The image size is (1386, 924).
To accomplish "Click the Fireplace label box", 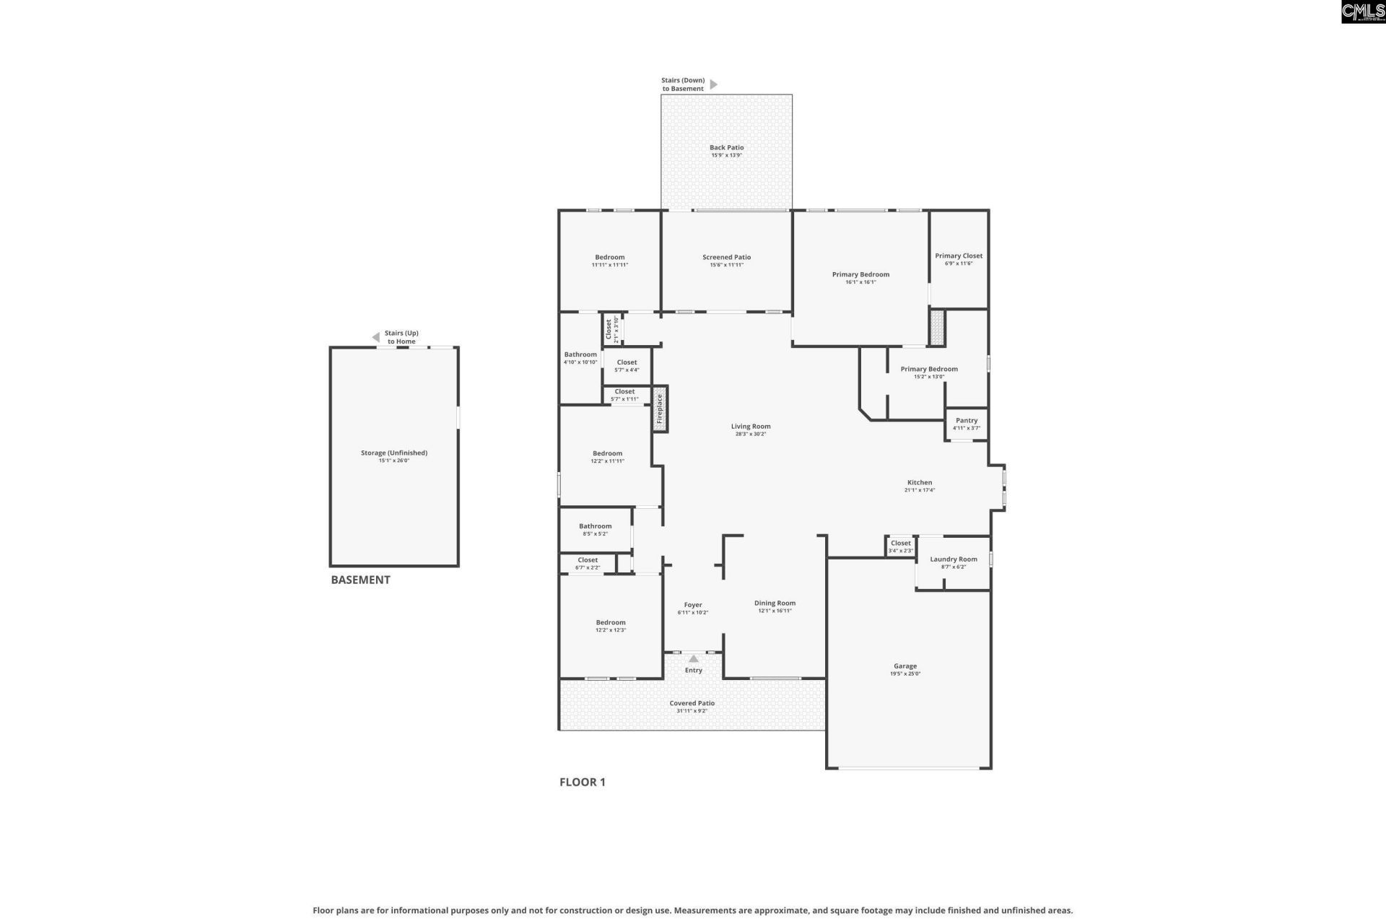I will click(x=660, y=409).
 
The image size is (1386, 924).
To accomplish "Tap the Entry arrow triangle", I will click(x=693, y=658).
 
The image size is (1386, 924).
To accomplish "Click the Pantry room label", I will click(x=966, y=420).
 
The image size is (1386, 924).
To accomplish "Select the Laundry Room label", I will click(x=953, y=559).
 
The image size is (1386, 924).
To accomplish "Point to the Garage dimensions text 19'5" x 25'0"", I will click(x=905, y=674).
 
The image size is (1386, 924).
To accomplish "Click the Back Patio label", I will click(x=726, y=147).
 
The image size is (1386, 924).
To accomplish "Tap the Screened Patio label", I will click(x=726, y=257).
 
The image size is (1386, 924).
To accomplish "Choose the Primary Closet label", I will click(x=958, y=256).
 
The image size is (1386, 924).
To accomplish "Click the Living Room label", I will click(x=750, y=426).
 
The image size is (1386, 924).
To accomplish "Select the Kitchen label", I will click(x=919, y=482).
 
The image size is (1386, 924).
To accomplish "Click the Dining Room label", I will click(x=775, y=603).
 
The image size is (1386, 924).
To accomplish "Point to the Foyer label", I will click(x=692, y=605).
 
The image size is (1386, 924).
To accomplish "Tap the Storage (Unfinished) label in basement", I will click(x=394, y=453).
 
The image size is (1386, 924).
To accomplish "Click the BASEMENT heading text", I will click(x=360, y=580).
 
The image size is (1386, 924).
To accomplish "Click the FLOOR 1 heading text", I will click(x=582, y=782).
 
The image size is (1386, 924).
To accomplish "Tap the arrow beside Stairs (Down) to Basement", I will click(x=713, y=84).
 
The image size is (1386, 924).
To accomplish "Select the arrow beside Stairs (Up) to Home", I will click(x=375, y=337).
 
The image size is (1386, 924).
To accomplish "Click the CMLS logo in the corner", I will click(x=1362, y=12).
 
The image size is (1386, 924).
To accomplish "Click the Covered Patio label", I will click(x=692, y=703).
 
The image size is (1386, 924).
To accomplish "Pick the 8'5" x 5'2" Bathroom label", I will click(x=595, y=526).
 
